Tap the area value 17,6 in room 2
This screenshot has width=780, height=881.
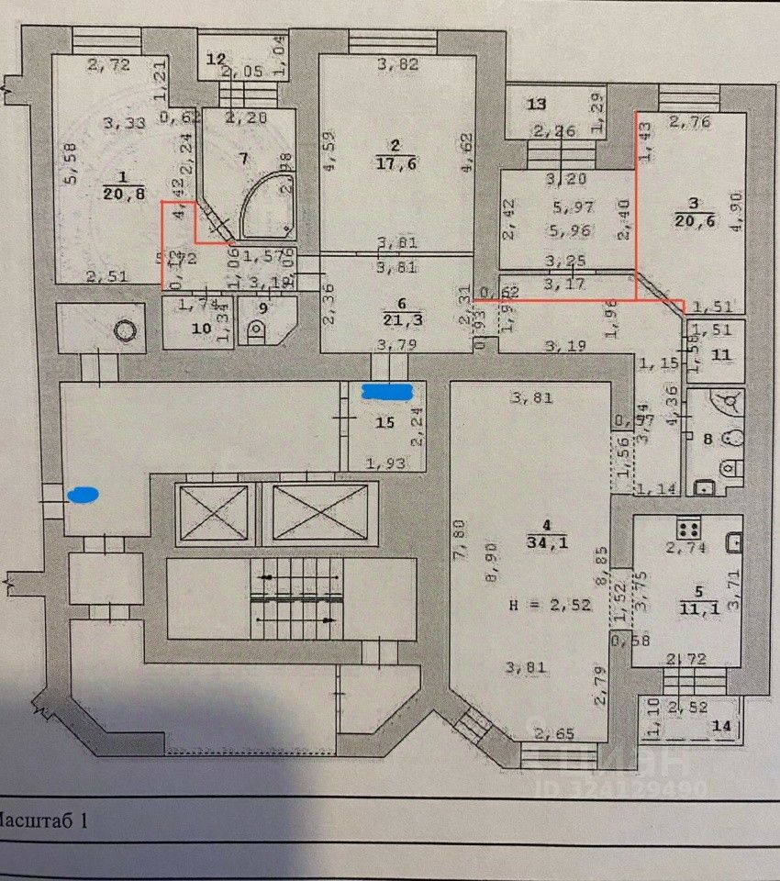pyautogui.click(x=396, y=164)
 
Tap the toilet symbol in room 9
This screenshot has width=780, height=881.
pyautogui.click(x=258, y=328)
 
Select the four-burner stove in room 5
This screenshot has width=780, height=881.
pyautogui.click(x=689, y=529)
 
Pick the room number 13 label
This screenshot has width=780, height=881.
pyautogui.click(x=537, y=103)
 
